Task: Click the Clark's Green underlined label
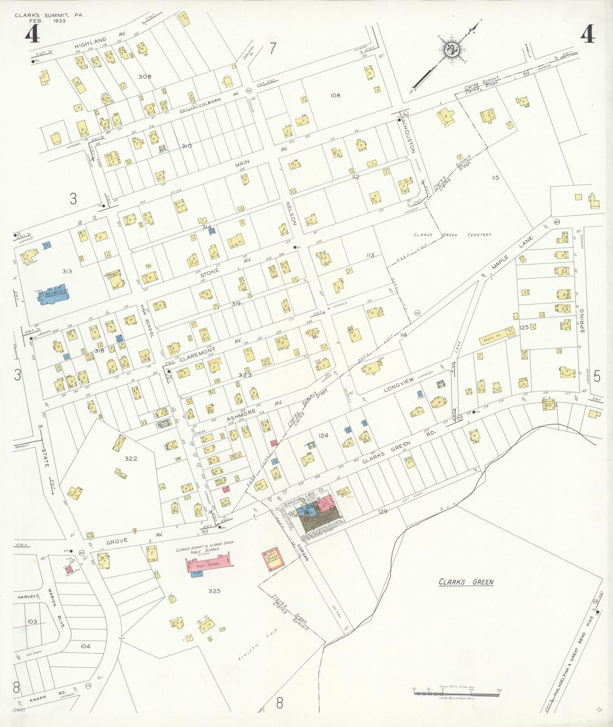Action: coord(466,582)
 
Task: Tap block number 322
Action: coord(131,458)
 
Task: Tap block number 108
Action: coord(335,95)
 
